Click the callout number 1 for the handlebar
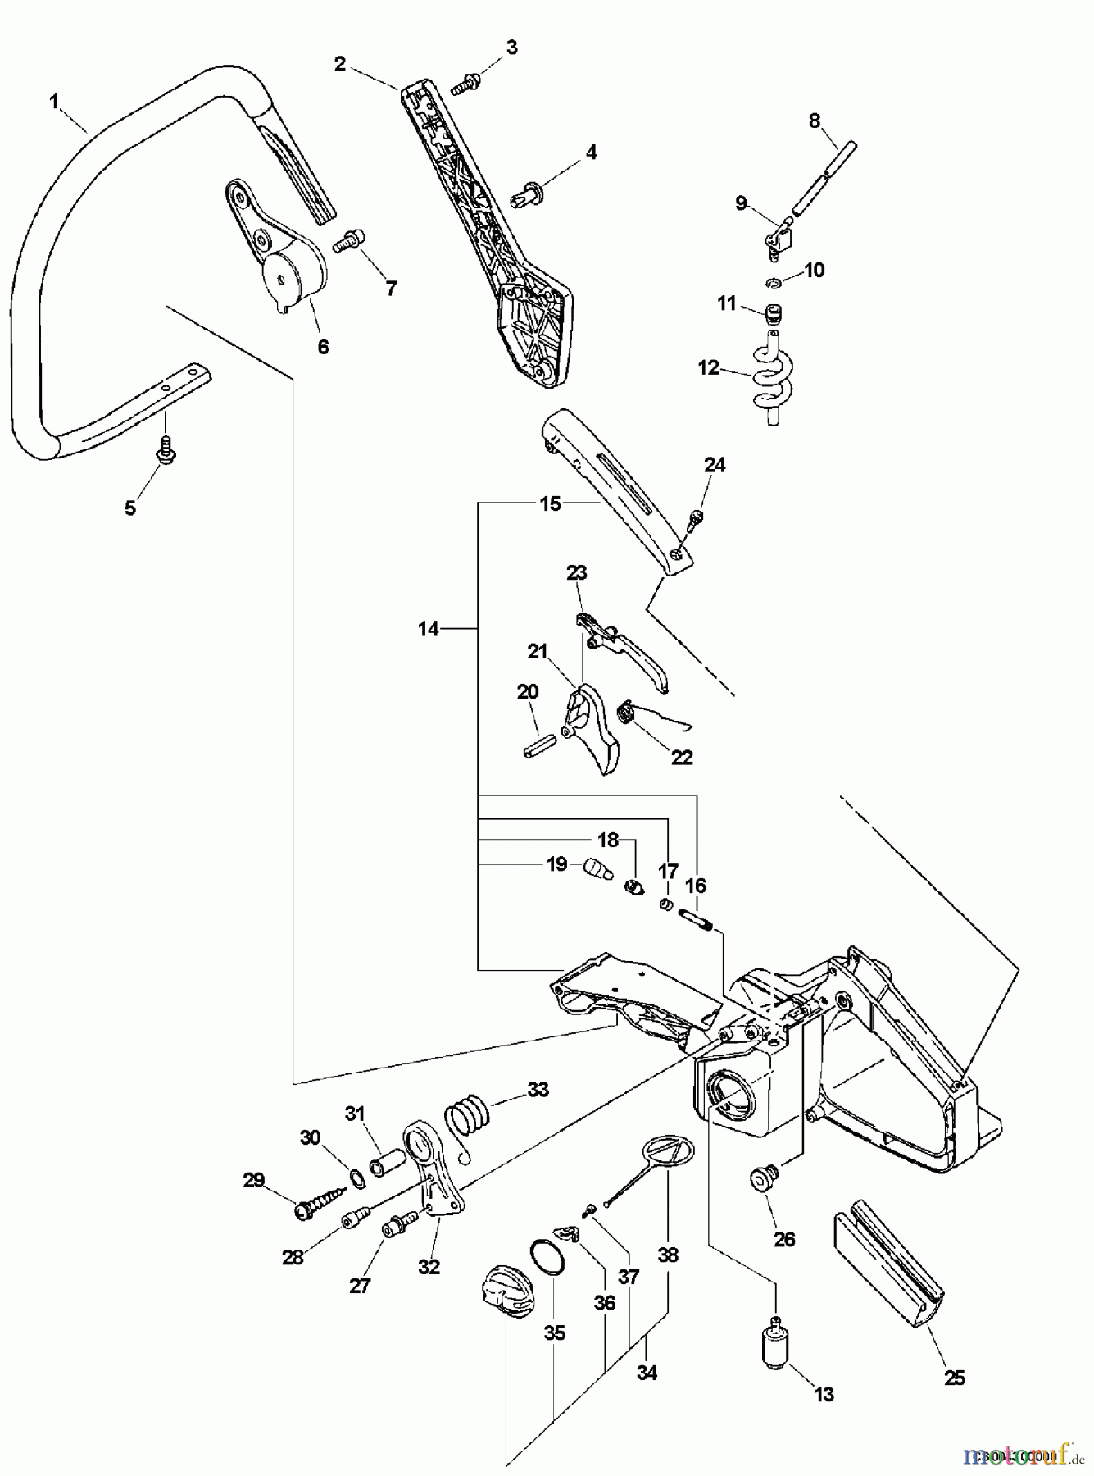click(x=54, y=102)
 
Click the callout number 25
click(x=954, y=1378)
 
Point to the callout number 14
click(x=428, y=629)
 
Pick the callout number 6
click(x=323, y=346)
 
